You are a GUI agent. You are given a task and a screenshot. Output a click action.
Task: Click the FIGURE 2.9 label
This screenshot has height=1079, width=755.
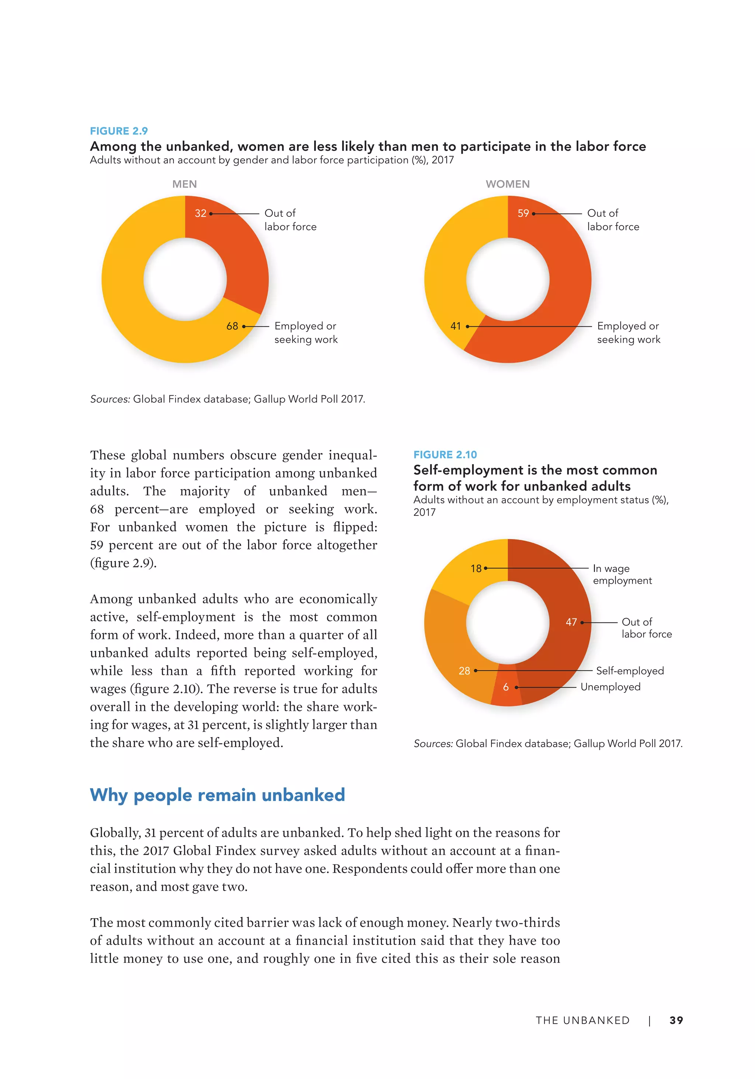[x=118, y=131]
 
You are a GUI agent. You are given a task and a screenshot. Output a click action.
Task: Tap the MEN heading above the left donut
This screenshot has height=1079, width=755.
[x=184, y=184]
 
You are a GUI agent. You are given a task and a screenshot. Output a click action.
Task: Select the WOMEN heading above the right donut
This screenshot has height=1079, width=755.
[x=507, y=184]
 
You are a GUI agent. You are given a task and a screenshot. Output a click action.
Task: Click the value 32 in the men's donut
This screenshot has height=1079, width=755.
[x=201, y=214]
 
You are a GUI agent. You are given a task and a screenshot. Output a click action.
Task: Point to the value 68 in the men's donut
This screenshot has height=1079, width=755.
[x=232, y=326]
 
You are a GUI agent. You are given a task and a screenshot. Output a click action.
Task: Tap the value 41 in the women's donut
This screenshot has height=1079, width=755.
[x=455, y=326]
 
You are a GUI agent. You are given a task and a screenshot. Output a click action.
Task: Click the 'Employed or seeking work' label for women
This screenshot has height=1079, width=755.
[x=628, y=333]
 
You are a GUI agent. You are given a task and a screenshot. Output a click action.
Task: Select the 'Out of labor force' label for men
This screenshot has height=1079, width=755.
[x=290, y=220]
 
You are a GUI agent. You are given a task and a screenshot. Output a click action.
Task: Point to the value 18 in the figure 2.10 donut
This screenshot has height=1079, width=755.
[x=476, y=569]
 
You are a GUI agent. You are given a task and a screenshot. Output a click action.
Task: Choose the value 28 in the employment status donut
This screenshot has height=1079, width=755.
[x=464, y=671]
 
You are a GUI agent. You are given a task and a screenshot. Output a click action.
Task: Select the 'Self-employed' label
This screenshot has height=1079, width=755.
[x=630, y=671]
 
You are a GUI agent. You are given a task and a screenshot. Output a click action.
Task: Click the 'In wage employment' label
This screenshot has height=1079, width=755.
[x=622, y=574]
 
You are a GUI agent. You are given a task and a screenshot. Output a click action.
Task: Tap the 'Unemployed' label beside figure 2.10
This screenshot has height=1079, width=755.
[x=610, y=687]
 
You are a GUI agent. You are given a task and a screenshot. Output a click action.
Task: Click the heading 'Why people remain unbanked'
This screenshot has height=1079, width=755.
[x=217, y=795]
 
